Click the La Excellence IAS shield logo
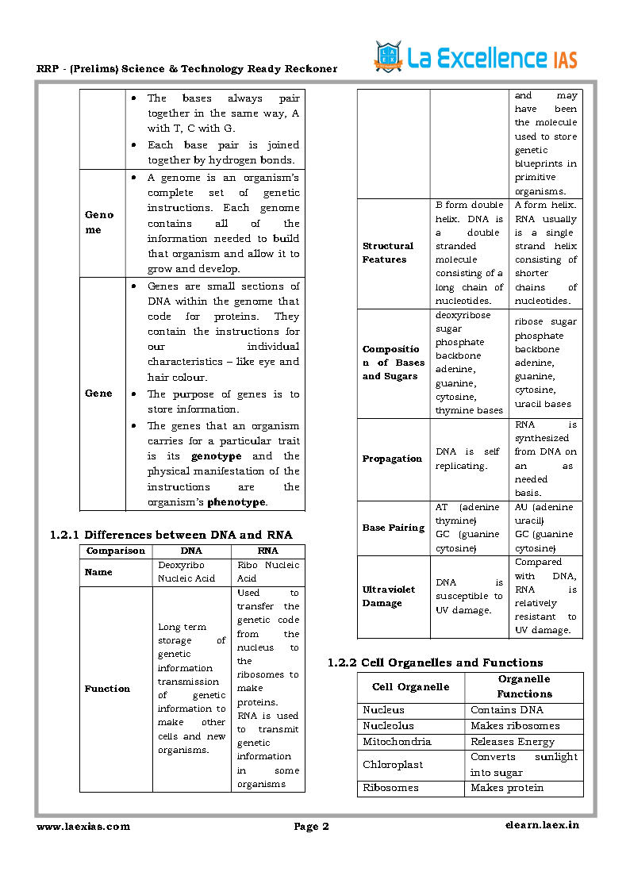point(388,57)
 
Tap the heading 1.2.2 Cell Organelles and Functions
point(436,662)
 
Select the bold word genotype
point(216,456)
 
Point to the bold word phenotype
point(236,502)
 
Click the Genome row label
point(100,222)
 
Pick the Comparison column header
point(116,551)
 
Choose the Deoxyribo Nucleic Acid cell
point(186,571)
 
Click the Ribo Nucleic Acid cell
point(268,571)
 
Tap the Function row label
point(107,689)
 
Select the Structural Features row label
point(388,252)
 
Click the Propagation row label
point(392,459)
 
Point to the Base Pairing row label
point(394,528)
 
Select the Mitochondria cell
point(397,741)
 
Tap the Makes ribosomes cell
point(515,725)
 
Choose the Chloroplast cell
point(393,764)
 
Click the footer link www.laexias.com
point(83,826)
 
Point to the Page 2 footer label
point(311,827)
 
